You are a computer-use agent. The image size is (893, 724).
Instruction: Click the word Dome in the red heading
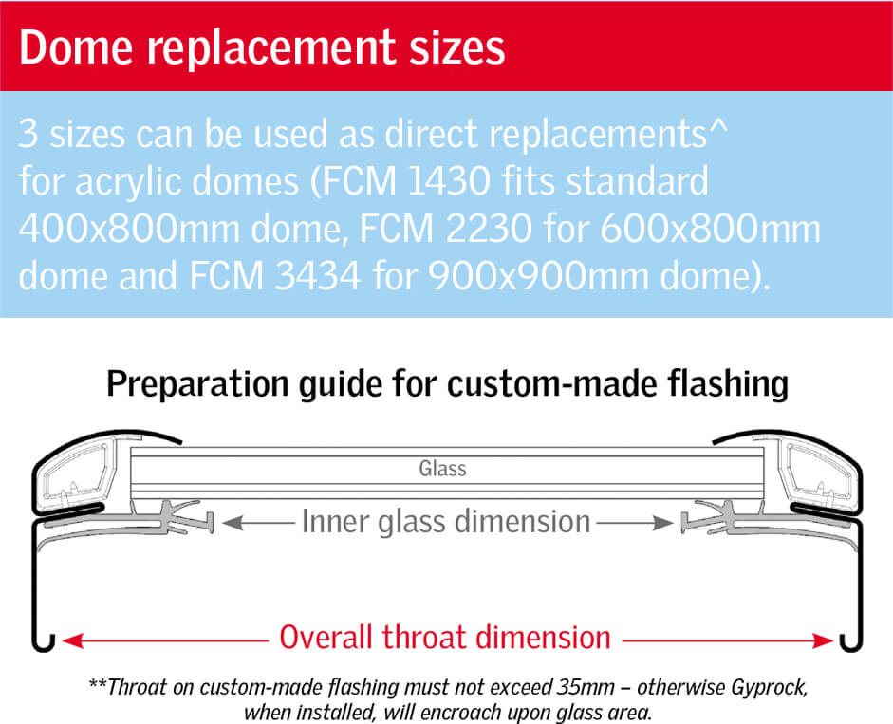76,46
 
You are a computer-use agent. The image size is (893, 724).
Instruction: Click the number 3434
318,276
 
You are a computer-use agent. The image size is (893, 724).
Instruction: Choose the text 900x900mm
538,276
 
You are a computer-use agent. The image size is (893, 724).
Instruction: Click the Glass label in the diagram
442,469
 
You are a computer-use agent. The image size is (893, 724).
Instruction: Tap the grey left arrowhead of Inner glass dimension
232,522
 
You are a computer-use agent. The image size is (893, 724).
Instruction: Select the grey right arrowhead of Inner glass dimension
663,522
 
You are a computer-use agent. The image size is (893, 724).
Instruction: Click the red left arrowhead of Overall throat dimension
73,640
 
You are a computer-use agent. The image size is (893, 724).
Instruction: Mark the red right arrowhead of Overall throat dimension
823,640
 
